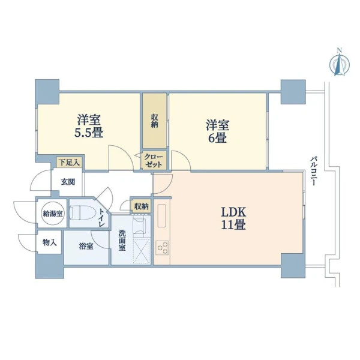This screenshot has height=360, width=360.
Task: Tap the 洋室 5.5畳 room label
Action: pos(89,126)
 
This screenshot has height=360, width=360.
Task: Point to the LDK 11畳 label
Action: pos(233,218)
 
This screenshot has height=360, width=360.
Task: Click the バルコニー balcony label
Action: pos(314,171)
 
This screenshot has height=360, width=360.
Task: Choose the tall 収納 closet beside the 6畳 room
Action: pos(155,121)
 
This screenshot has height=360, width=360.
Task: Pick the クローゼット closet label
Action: pos(154,161)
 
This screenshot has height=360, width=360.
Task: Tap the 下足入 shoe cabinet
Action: pos(69,163)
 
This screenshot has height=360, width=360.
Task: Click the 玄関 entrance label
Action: pos(68,182)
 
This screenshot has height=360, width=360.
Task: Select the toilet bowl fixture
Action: pos(82,212)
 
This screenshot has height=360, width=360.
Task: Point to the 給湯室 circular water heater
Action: pos(53,214)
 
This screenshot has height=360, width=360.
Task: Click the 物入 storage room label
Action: pos(50,242)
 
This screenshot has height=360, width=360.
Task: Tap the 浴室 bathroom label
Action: pos(86,247)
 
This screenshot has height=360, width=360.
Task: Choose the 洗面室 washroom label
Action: pos(122,241)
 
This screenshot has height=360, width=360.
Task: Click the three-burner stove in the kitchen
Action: pos(163,247)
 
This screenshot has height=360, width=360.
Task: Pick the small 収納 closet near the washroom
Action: pos(141,206)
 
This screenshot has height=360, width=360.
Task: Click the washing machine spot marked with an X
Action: pos(142,251)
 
